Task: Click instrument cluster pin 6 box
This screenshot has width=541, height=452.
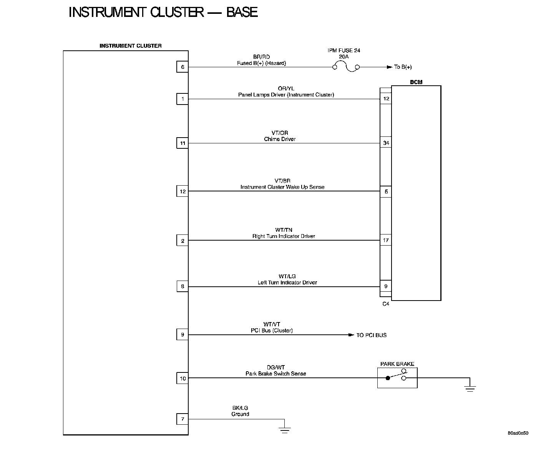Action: point(183,67)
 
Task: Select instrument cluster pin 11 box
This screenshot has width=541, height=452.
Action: point(183,143)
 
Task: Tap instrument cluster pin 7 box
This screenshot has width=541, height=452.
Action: point(183,419)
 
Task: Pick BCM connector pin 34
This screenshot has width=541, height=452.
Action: point(386,143)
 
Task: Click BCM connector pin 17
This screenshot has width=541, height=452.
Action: point(386,240)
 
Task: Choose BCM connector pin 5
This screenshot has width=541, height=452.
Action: point(386,191)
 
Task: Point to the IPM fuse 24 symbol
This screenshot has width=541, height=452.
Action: point(346,68)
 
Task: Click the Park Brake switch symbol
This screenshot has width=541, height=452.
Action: point(397,377)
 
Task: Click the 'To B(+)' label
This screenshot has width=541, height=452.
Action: point(403,67)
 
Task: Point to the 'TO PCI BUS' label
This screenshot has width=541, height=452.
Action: point(371,335)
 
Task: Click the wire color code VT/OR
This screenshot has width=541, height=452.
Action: point(280,133)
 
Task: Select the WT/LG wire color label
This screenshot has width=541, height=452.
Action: point(287,276)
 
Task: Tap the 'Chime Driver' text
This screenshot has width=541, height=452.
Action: point(280,139)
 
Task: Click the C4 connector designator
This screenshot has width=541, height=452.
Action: point(386,304)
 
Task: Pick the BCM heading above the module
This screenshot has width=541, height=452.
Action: point(416,82)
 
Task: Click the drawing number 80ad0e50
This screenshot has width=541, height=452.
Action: point(518,433)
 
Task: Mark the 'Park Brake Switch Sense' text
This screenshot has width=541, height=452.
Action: point(275,374)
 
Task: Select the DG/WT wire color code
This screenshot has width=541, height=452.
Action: point(275,367)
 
